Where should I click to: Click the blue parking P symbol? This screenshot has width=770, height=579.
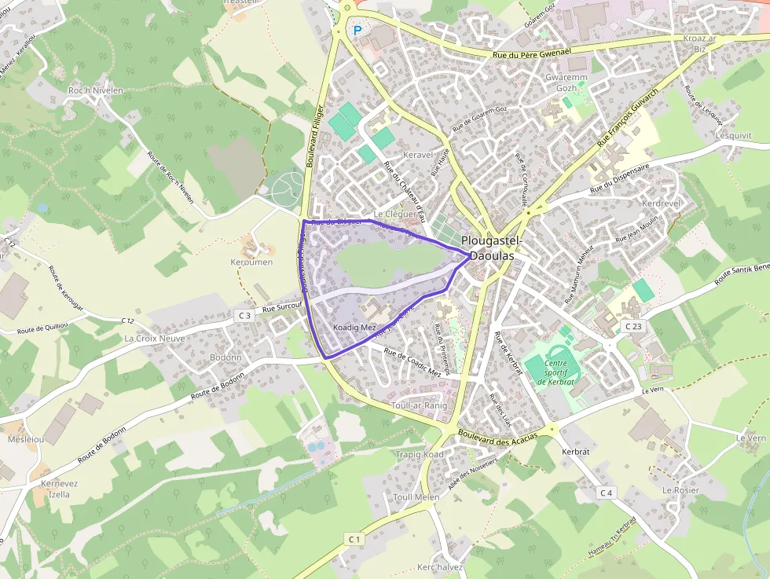[x=357, y=31]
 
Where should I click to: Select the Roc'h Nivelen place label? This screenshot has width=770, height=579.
[x=96, y=90]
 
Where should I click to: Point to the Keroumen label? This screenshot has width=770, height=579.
[x=251, y=262]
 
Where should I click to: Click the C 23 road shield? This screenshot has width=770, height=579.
[x=632, y=325]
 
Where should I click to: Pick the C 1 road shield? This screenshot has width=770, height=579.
[x=354, y=539]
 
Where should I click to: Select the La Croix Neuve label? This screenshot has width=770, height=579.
[x=155, y=339]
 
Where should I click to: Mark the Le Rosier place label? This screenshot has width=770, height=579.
[x=680, y=489]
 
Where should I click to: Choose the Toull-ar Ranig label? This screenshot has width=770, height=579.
[x=419, y=405]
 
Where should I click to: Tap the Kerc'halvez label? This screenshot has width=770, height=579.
[x=440, y=567]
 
